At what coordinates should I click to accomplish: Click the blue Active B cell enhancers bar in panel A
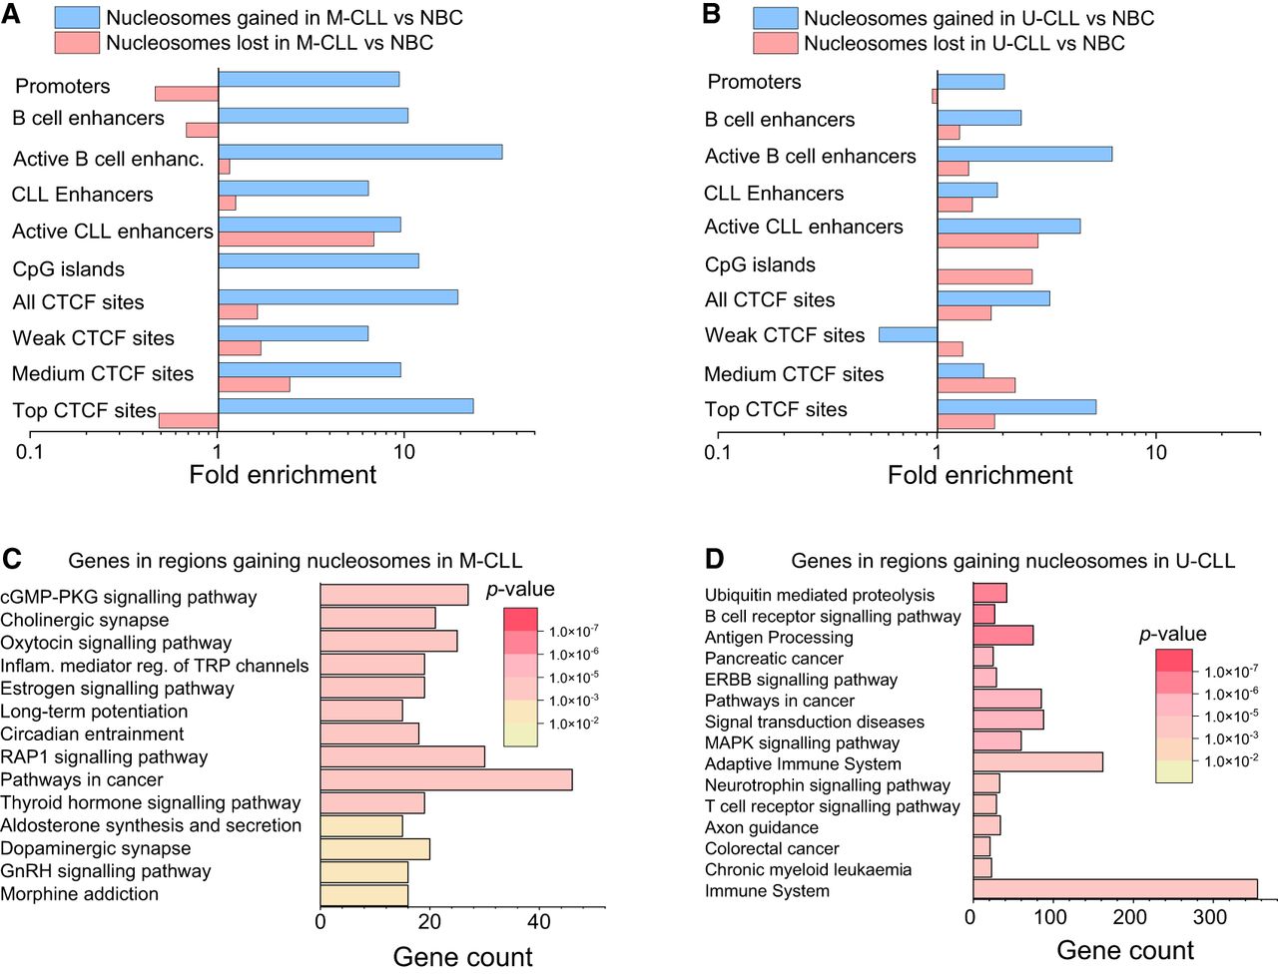click(x=360, y=152)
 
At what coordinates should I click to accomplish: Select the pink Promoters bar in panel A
click(x=187, y=94)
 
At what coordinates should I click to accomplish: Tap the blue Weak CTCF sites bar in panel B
click(x=909, y=334)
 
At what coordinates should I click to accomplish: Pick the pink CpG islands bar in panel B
click(x=985, y=276)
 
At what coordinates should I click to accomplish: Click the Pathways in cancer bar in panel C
click(x=446, y=780)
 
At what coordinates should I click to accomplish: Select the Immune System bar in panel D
click(x=1115, y=889)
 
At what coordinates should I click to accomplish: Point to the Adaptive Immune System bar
click(x=1038, y=762)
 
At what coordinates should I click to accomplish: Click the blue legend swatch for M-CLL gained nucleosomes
click(x=77, y=18)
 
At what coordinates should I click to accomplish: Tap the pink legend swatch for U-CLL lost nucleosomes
click(x=775, y=44)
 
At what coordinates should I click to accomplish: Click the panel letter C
click(x=12, y=559)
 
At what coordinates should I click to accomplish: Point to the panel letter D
click(x=715, y=559)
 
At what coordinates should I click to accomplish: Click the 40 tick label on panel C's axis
click(x=539, y=922)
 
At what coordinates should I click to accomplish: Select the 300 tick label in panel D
click(x=1210, y=917)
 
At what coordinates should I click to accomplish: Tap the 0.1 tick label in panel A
click(x=30, y=451)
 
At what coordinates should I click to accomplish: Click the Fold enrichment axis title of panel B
click(x=979, y=475)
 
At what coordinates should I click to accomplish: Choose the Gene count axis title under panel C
click(x=463, y=957)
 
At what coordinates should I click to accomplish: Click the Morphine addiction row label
click(x=79, y=894)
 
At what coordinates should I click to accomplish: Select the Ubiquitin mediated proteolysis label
click(x=820, y=595)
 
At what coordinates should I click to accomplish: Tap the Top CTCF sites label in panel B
click(x=776, y=409)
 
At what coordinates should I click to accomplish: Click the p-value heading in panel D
click(x=1172, y=634)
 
